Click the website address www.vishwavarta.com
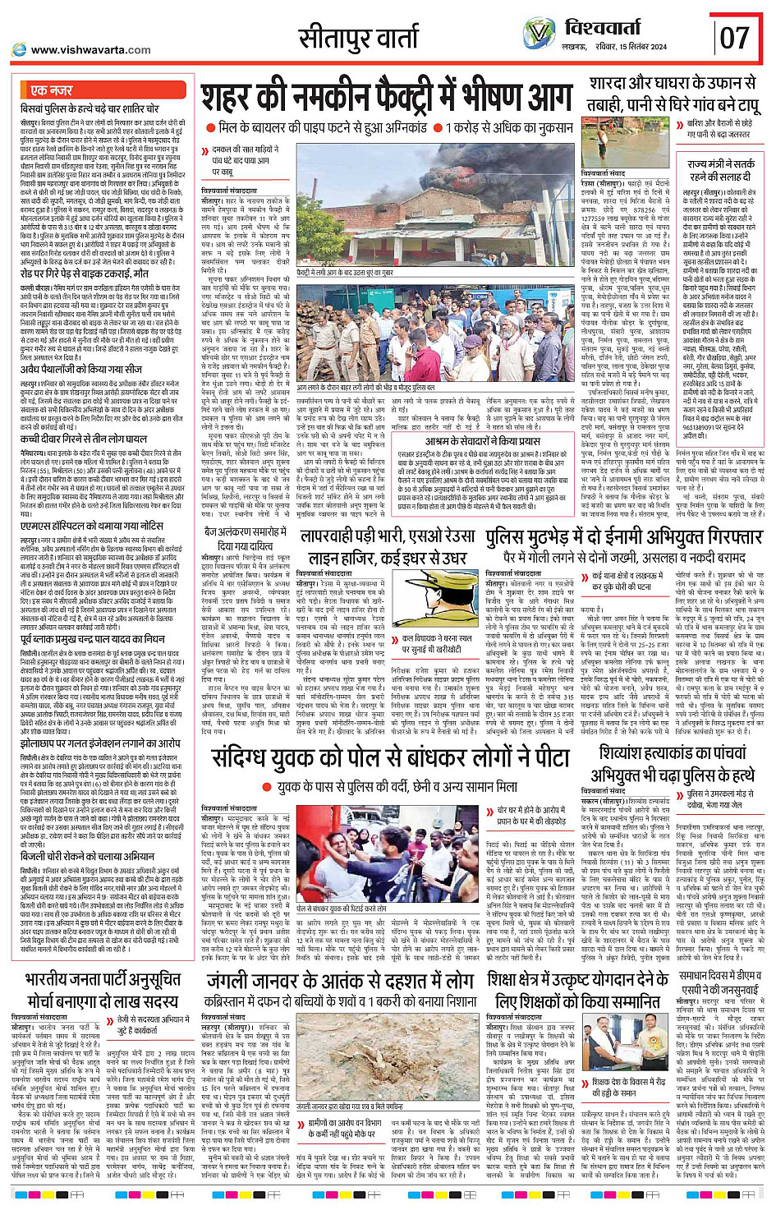(90, 49)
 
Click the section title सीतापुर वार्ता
(359, 39)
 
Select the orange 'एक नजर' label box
(52, 90)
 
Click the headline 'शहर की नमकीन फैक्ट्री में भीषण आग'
(386, 99)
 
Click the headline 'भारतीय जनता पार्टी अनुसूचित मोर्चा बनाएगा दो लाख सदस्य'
(102, 991)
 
